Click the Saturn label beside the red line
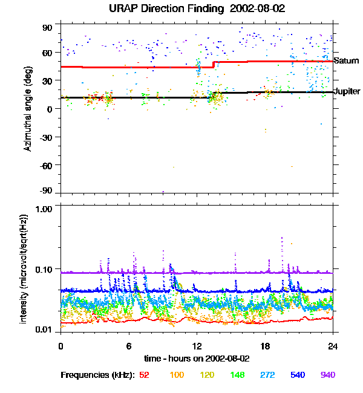click(x=347, y=61)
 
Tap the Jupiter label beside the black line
click(x=347, y=91)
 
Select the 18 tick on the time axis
click(x=264, y=346)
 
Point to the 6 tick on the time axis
click(x=129, y=346)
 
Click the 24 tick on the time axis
click(x=333, y=346)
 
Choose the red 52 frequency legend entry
click(x=144, y=375)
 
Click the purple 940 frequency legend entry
click(x=328, y=375)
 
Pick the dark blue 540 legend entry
click(x=297, y=375)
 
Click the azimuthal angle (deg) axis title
click(x=28, y=109)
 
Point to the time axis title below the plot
click(x=197, y=358)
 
